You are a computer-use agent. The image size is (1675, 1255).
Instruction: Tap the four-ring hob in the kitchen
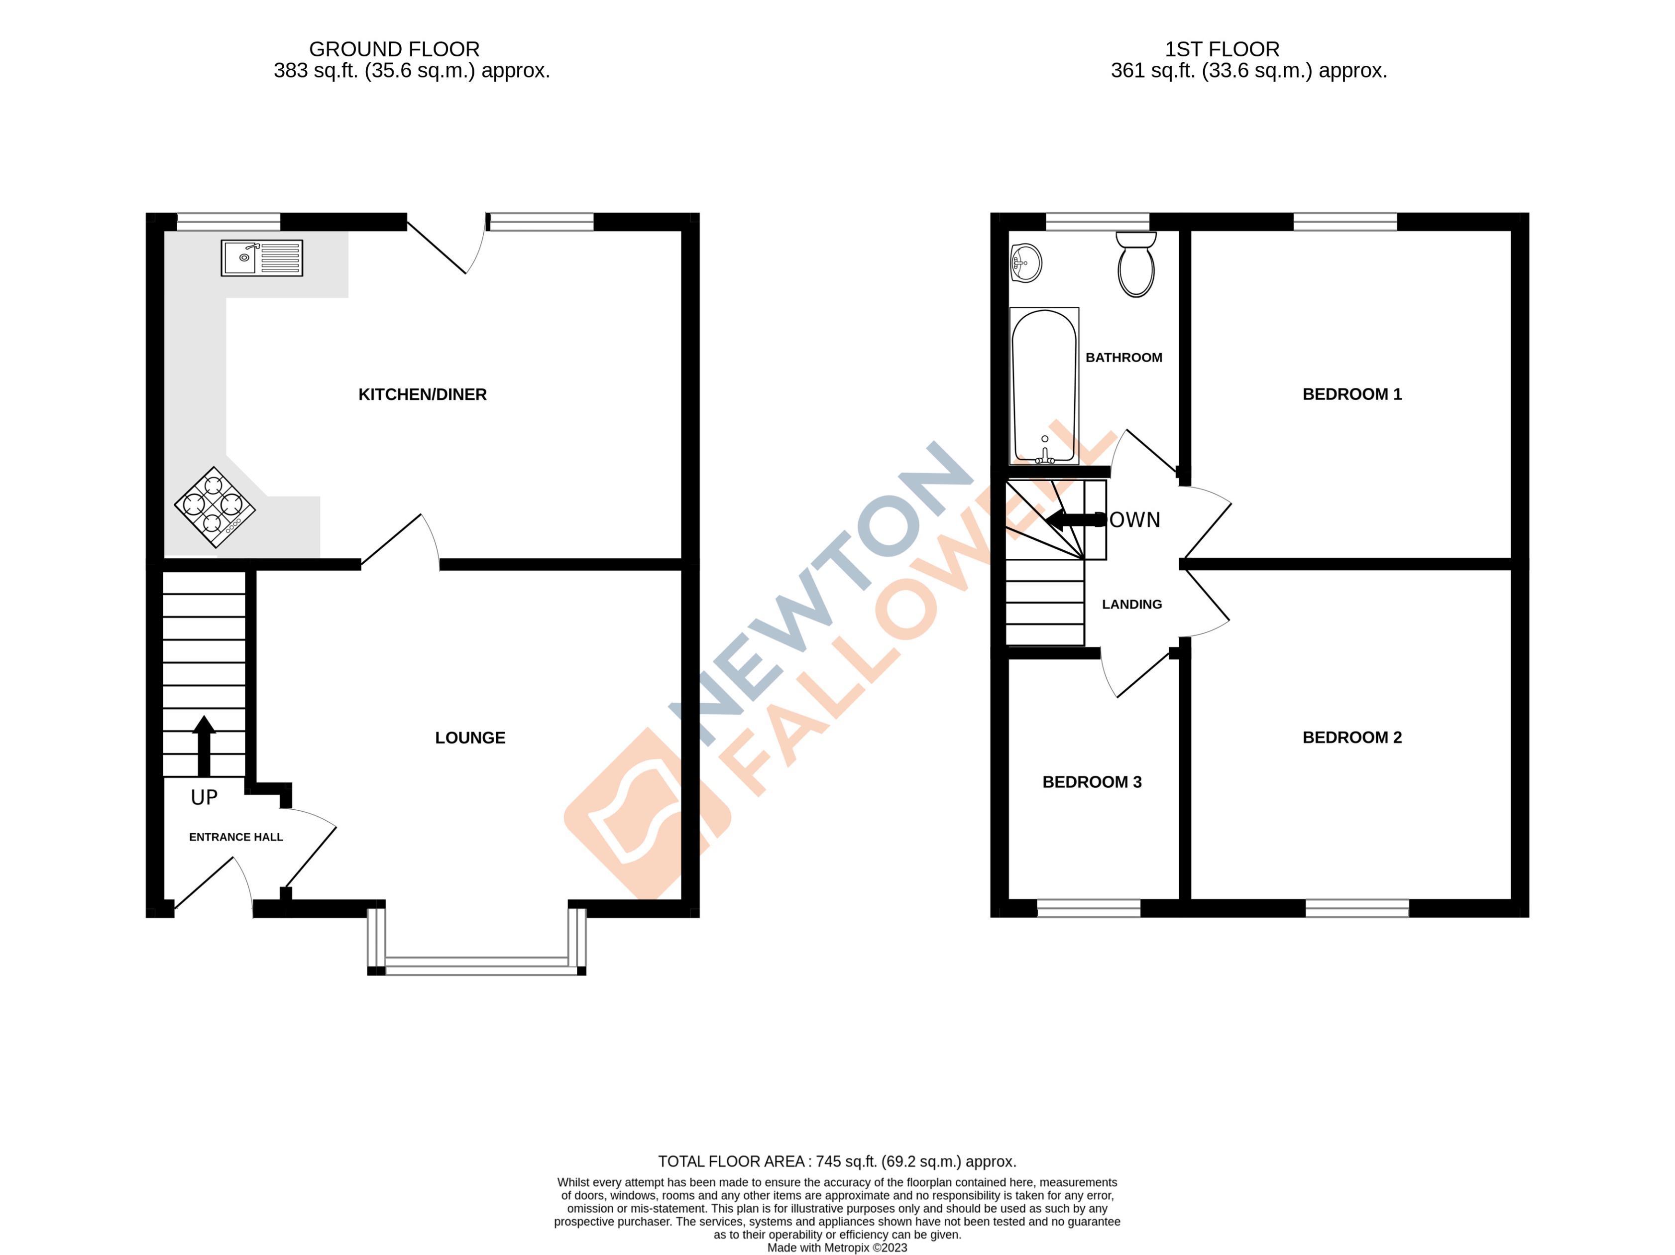pos(215,506)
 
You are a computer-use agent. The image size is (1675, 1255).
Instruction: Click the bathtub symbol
pos(1044,386)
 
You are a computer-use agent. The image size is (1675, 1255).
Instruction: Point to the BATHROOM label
pos(1124,358)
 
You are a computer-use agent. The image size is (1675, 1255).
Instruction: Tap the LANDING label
pos(1131,605)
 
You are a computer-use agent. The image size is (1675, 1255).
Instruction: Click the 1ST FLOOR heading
pos(1222,49)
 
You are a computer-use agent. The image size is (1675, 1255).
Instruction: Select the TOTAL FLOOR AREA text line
pos(837,1161)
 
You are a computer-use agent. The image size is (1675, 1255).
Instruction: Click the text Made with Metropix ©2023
pos(837,1248)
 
